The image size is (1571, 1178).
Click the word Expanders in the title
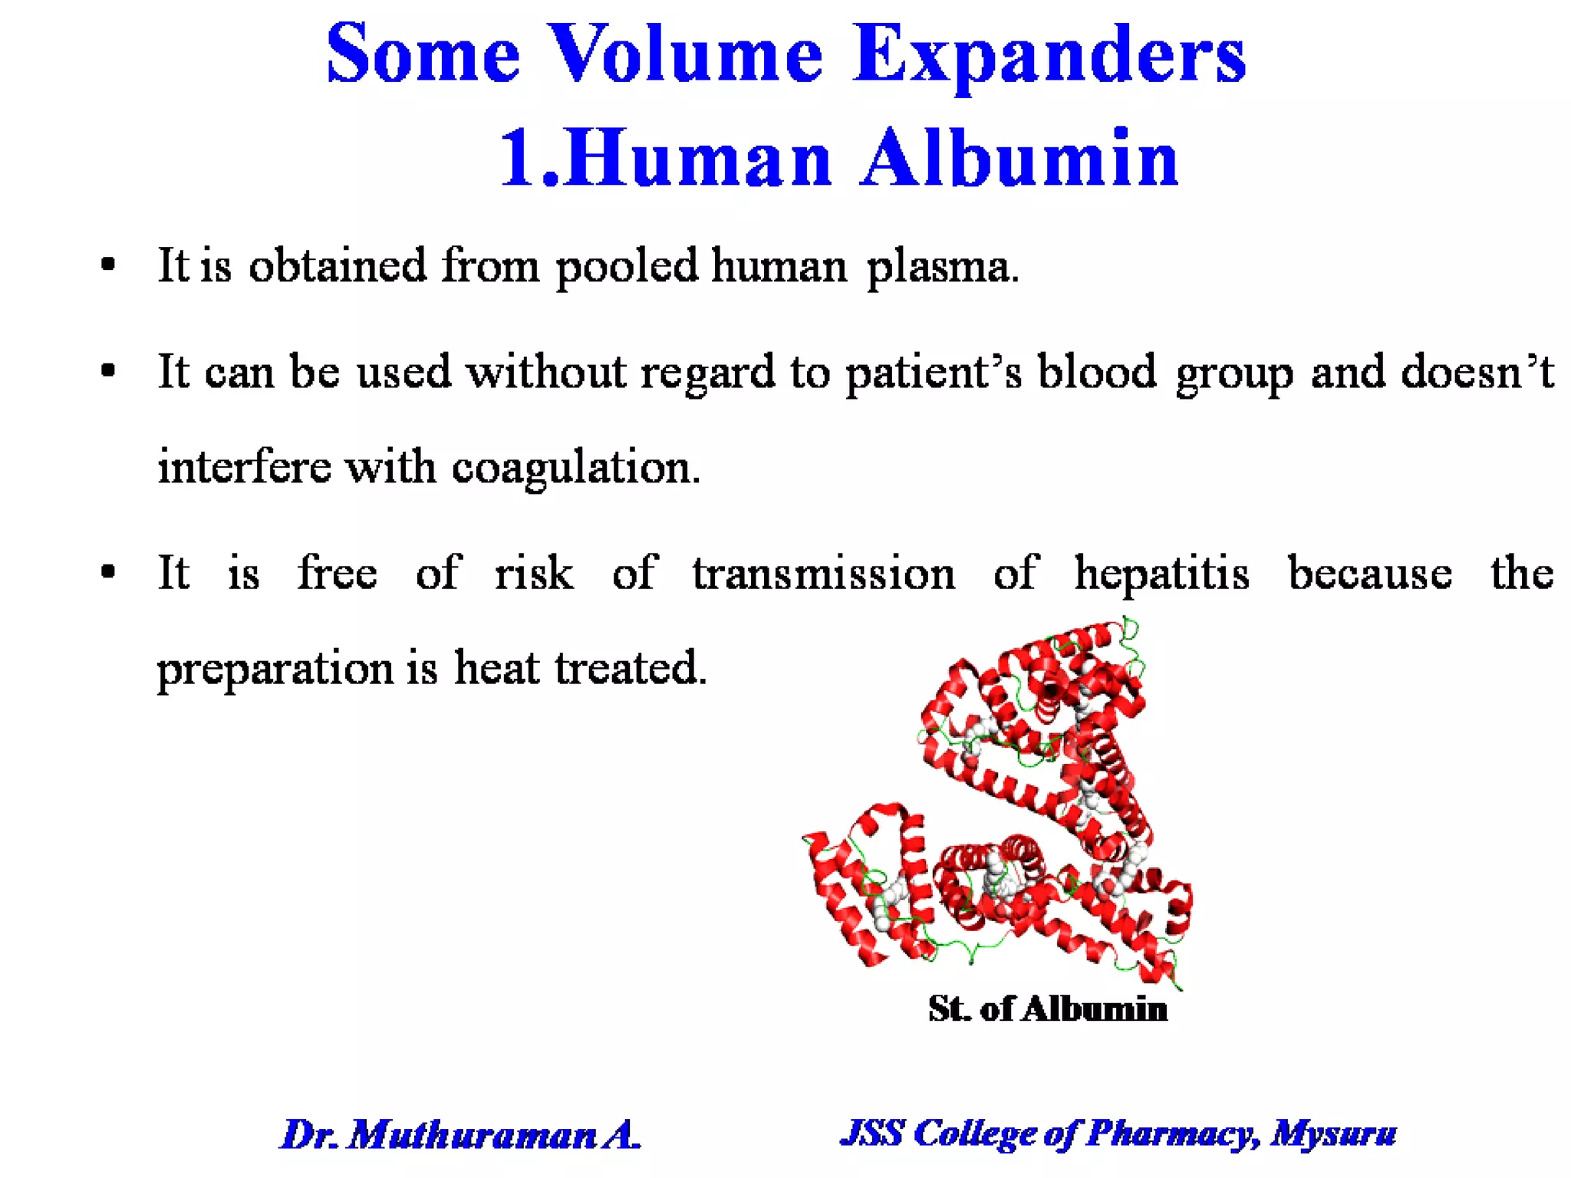(x=1049, y=55)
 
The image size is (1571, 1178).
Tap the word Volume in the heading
(x=687, y=55)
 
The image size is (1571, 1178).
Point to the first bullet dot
(x=108, y=265)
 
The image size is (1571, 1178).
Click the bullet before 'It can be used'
(x=108, y=372)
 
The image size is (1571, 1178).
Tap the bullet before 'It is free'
(x=108, y=572)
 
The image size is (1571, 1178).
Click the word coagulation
(x=575, y=468)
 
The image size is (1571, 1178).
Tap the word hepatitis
(x=1161, y=574)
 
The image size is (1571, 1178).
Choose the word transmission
(x=824, y=574)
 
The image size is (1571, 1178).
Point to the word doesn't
(x=1477, y=373)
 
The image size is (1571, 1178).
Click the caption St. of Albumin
(x=1047, y=1009)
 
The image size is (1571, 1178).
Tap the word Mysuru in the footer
(x=1333, y=1133)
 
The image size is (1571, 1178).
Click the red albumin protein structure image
(x=1013, y=805)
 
